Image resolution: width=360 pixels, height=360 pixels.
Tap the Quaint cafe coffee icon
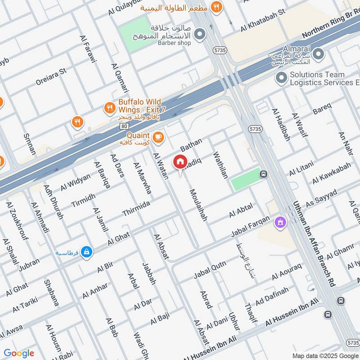coord(158,138)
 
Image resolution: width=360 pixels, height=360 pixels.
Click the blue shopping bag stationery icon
coord(87,252)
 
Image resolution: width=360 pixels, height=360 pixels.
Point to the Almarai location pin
coord(319,55)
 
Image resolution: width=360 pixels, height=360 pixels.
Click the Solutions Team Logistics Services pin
coord(282,78)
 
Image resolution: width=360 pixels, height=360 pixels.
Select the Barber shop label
coord(174,43)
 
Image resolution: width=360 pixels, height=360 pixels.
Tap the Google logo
coord(19,353)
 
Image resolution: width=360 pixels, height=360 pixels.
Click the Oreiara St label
coord(51,77)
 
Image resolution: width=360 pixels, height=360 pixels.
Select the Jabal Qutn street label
coord(210,269)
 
